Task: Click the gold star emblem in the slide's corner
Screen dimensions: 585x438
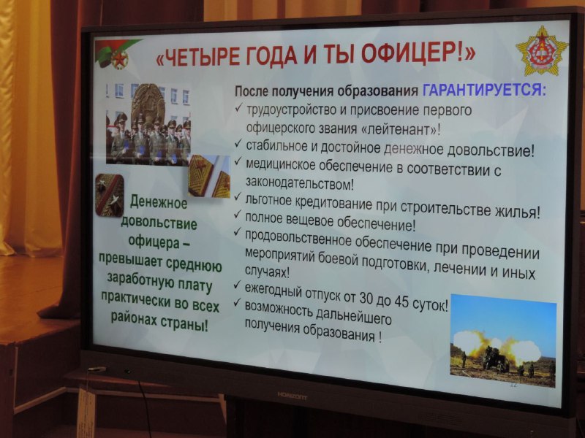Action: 542,50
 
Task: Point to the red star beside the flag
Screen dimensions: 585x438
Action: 120,59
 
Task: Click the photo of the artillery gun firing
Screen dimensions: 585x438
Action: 503,340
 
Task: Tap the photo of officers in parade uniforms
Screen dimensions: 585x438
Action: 148,124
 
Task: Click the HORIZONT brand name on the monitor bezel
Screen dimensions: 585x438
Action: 292,396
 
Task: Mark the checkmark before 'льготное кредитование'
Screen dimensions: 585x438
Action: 237,196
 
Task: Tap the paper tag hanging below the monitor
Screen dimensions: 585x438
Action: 86,412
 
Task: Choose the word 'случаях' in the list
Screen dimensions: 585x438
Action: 267,271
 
